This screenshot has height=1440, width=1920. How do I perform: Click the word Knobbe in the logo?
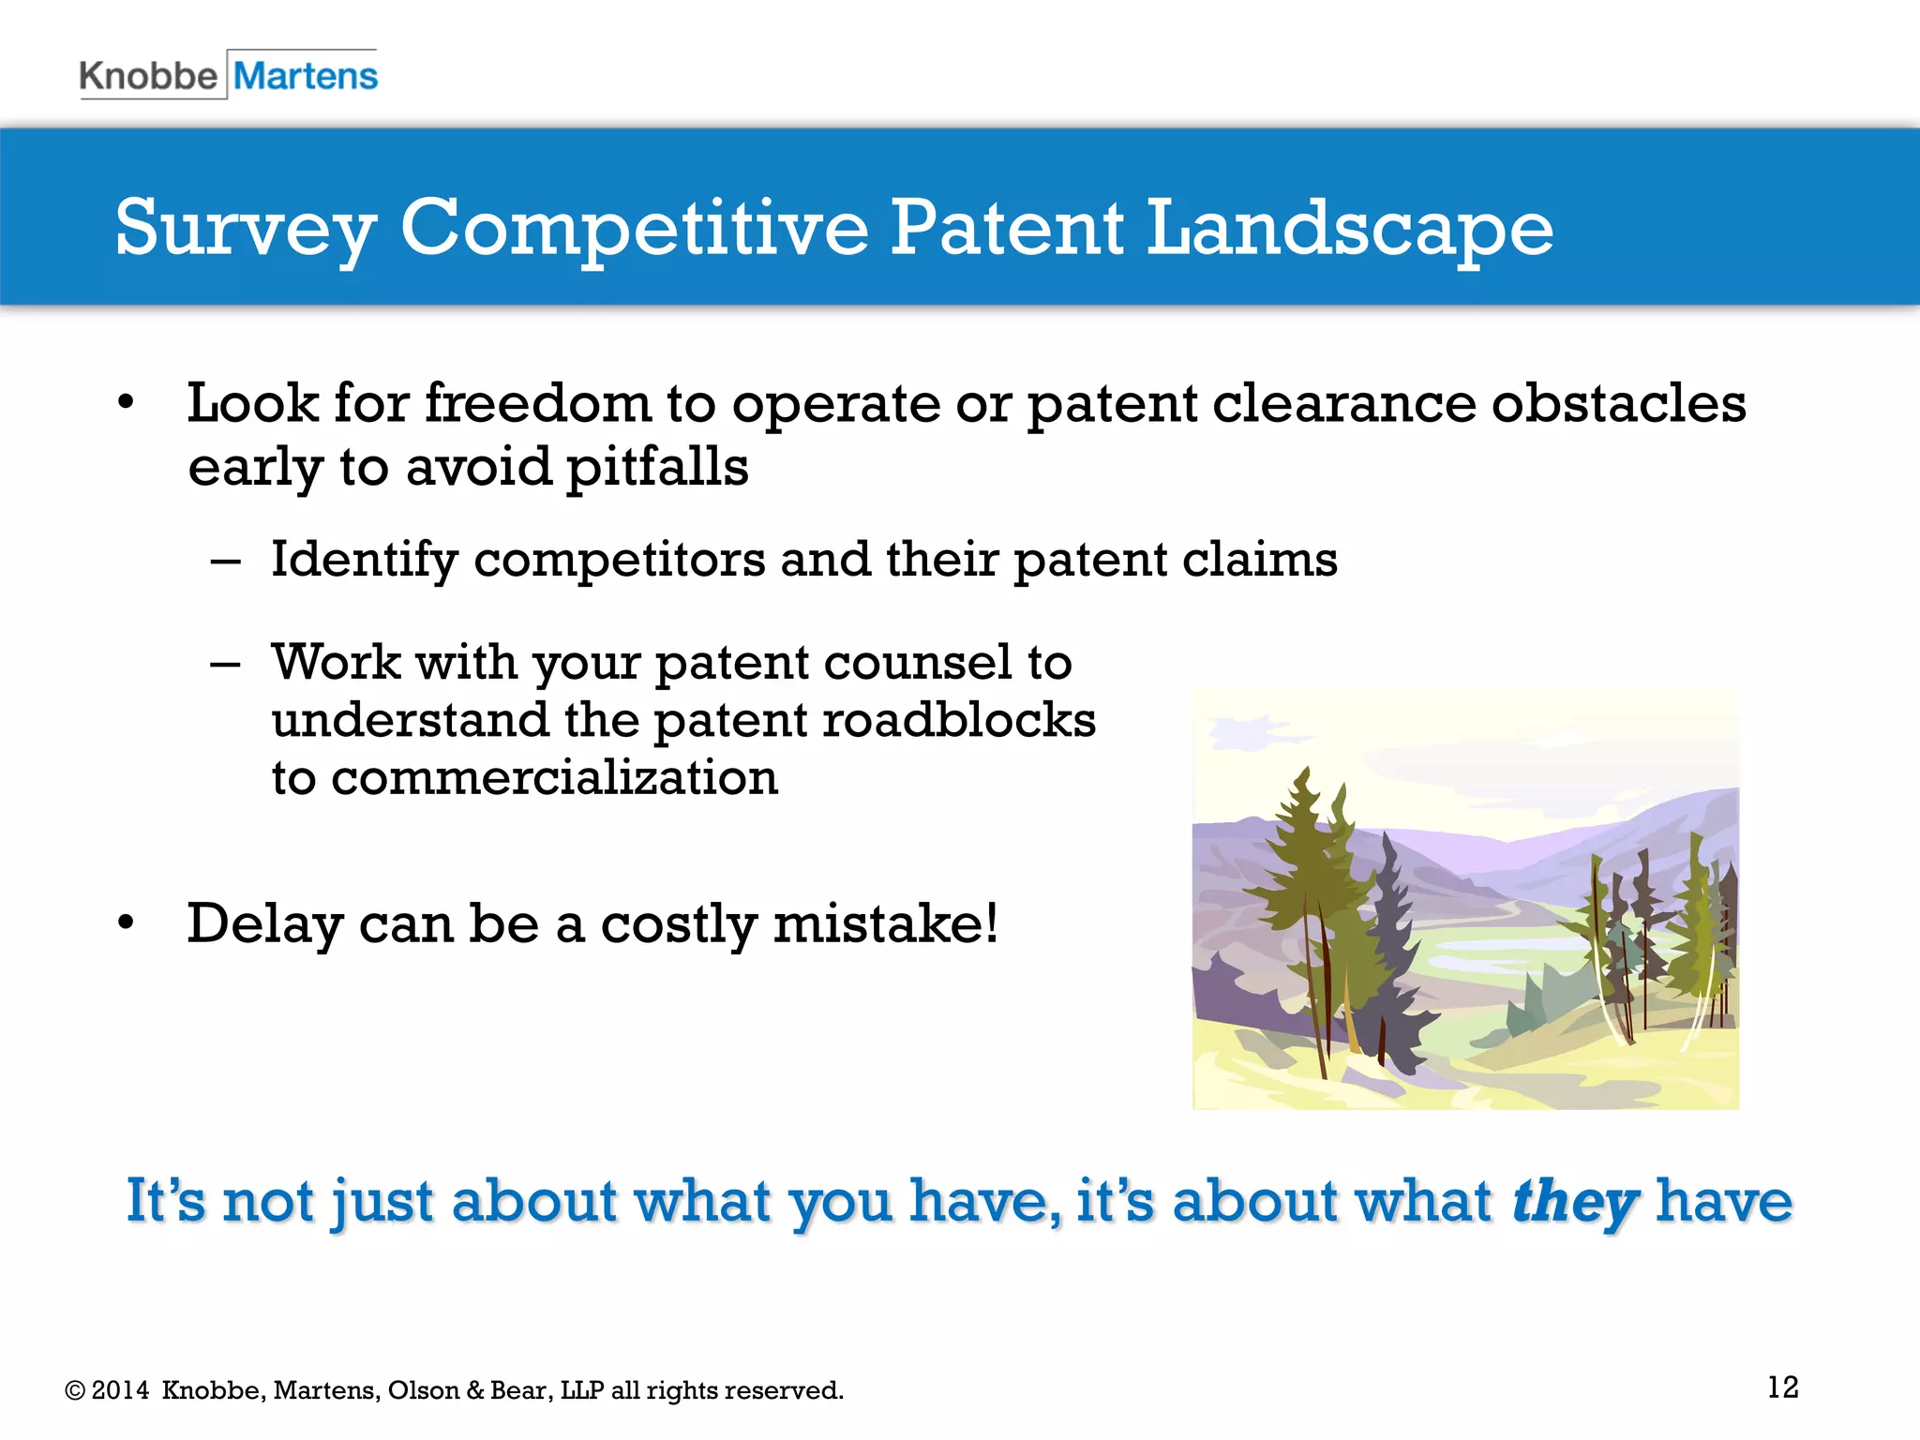pyautogui.click(x=148, y=76)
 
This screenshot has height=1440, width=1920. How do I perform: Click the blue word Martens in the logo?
pyautogui.click(x=305, y=76)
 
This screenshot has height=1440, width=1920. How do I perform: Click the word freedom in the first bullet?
pyautogui.click(x=537, y=404)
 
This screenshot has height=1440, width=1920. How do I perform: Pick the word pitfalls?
pyautogui.click(x=657, y=467)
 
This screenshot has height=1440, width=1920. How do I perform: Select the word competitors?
pyautogui.click(x=620, y=561)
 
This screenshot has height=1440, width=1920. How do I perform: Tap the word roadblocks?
pyautogui.click(x=959, y=720)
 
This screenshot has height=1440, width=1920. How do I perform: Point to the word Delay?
pyautogui.click(x=264, y=924)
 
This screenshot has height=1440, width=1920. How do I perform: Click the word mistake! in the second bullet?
pyautogui.click(x=885, y=924)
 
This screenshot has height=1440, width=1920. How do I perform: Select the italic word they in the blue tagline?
pyautogui.click(x=1574, y=1202)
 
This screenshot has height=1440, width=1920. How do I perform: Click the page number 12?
pyautogui.click(x=1782, y=1387)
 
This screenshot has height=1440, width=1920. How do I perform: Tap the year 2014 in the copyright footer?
pyautogui.click(x=120, y=1390)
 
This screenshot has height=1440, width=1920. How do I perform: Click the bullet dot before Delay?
pyautogui.click(x=127, y=923)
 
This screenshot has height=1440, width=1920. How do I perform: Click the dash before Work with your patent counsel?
pyautogui.click(x=225, y=665)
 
